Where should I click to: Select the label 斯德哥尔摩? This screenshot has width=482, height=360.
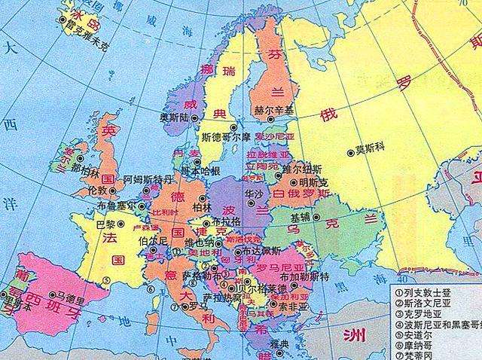(x=226, y=139)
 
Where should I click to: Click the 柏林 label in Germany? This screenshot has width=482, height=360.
(x=202, y=206)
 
